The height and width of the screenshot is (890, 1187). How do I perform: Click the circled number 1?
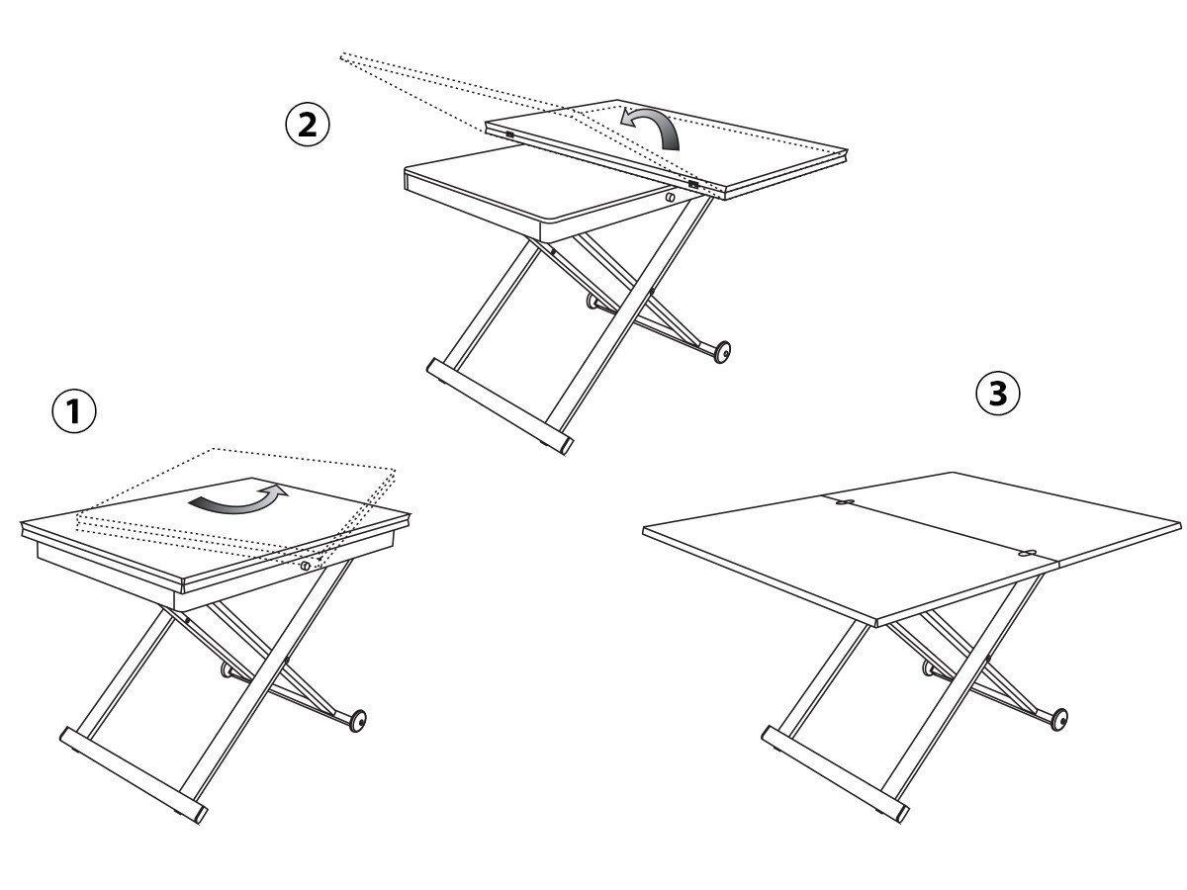74,411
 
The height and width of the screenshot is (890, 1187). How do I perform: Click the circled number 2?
308,125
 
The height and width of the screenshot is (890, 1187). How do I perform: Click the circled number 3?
998,394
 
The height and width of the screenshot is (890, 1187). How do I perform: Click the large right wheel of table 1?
357,721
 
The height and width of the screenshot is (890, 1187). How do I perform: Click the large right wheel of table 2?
722,352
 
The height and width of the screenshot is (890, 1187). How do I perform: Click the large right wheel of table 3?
1058,720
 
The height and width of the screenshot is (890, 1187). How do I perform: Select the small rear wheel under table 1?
227,669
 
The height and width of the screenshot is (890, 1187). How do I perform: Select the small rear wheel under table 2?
593,301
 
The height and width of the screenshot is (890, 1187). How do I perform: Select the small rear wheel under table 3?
928,668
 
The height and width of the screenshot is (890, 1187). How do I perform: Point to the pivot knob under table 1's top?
306,566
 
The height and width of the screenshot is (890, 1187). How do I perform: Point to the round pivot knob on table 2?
670,197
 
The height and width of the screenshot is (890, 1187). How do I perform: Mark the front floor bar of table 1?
133,775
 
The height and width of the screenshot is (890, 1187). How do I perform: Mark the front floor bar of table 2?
500,406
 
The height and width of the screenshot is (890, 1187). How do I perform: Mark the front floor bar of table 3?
836,775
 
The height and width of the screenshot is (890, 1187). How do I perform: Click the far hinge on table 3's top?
844,502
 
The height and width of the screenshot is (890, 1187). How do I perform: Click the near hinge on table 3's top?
1027,554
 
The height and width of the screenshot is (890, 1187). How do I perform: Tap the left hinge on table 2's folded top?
509,134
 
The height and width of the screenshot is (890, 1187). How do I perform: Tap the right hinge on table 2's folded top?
692,184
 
